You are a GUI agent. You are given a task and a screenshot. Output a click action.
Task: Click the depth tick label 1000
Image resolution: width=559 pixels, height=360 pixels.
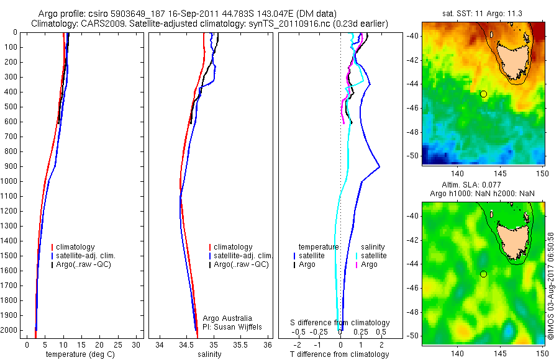pos(9,181)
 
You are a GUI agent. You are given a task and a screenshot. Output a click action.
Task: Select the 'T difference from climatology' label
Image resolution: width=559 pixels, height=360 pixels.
pos(339,354)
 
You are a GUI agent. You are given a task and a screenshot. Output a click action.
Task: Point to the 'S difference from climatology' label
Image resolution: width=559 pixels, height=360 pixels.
pos(340,323)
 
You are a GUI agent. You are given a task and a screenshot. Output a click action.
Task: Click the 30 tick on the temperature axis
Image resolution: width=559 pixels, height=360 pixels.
pos(136,344)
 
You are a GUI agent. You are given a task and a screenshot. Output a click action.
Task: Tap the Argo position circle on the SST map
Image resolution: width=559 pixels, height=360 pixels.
pos(483,94)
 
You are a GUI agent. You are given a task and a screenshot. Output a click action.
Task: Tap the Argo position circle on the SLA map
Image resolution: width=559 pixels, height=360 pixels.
pos(483,274)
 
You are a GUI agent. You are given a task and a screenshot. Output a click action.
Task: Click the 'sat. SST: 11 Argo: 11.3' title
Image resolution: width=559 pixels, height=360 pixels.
pos(483,12)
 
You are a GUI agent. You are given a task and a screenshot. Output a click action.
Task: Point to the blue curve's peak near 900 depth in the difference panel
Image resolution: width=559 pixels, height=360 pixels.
pos(379,167)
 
